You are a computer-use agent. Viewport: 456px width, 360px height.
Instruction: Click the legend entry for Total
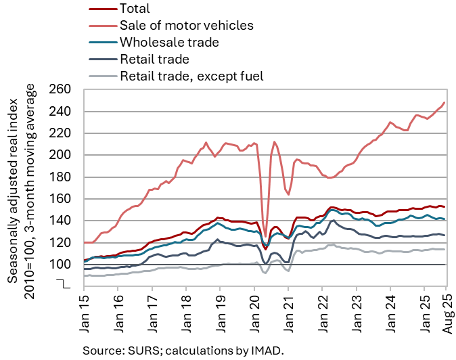pyautogui.click(x=134, y=9)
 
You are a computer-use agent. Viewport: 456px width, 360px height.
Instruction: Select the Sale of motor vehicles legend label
pyautogui.click(x=185, y=26)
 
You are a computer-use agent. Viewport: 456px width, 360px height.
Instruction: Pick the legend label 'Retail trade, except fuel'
pyautogui.click(x=191, y=76)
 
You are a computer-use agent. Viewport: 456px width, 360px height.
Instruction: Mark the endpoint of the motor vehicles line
pyautogui.click(x=444, y=103)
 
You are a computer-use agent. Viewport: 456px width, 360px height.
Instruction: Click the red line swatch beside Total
pyautogui.click(x=101, y=9)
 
